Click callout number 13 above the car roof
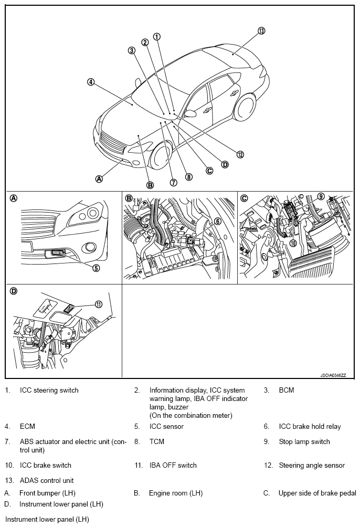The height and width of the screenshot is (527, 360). (261, 30)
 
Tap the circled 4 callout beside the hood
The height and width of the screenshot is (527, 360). (91, 82)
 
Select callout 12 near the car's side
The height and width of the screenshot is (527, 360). (240, 154)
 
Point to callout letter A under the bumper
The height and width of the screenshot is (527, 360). (99, 178)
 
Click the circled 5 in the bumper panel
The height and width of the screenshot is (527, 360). (97, 268)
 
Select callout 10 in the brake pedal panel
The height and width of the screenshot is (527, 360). (293, 243)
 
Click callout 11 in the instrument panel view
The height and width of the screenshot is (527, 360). (98, 304)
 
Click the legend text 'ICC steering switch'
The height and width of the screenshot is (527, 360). (49, 390)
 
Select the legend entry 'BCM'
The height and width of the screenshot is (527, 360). (287, 390)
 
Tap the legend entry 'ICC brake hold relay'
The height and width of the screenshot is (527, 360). (310, 426)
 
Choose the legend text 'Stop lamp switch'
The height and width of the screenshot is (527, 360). (304, 441)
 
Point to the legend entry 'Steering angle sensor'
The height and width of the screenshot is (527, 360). (312, 465)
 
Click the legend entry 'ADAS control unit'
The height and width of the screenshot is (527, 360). (47, 480)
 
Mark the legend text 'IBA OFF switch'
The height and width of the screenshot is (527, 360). (173, 465)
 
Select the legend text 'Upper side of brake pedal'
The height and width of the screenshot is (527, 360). (317, 493)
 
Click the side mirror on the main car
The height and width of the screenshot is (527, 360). (189, 113)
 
